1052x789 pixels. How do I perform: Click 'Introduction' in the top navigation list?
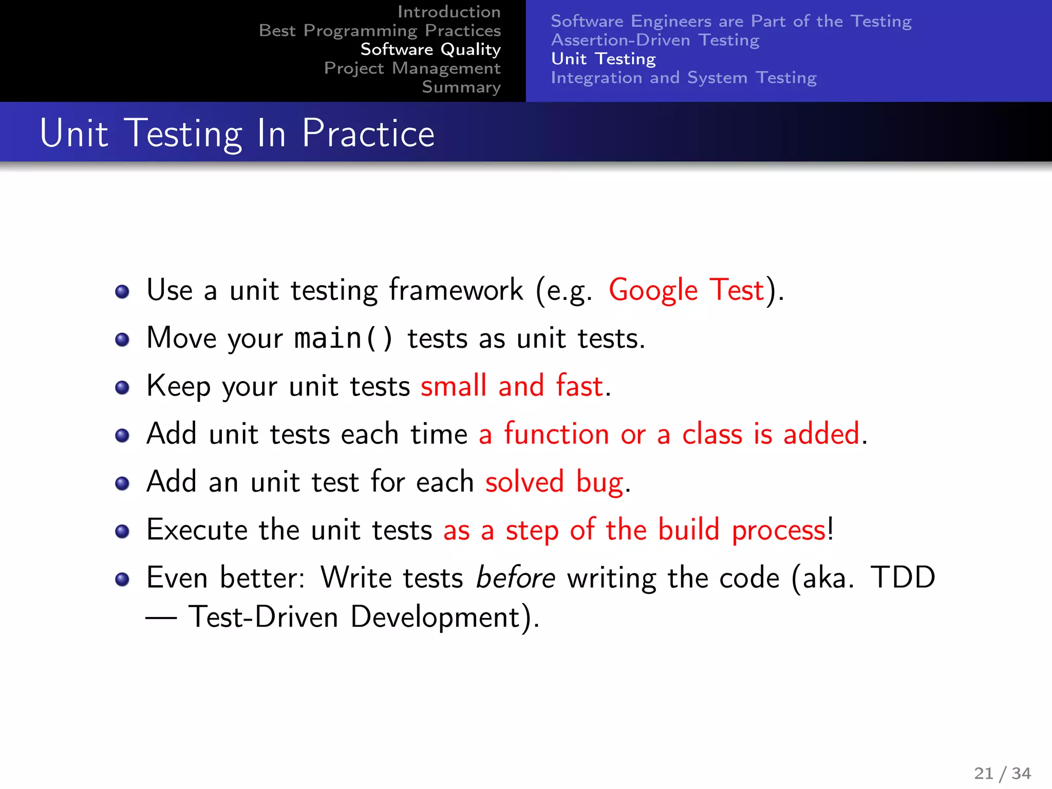coord(448,12)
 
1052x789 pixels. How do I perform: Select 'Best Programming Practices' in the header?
coord(380,31)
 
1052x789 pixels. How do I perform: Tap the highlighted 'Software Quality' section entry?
coord(430,49)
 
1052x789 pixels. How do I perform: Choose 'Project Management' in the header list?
coord(412,68)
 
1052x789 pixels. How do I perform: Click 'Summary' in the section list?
coord(461,87)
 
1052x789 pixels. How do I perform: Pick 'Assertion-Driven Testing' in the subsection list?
coord(655,40)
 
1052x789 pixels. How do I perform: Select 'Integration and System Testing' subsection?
coord(683,78)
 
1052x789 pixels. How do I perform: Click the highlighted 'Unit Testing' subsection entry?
coord(603,59)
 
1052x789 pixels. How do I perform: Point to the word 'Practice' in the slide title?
coord(368,134)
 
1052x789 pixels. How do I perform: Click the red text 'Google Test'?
coord(686,290)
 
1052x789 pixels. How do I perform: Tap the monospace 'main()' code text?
coord(343,339)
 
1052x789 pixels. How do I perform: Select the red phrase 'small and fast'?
coord(512,386)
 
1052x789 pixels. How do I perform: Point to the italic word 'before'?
coord(515,578)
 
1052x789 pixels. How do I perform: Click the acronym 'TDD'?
coord(903,578)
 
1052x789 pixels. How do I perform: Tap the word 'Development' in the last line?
coord(436,617)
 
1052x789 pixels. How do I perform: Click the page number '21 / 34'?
coord(1002,773)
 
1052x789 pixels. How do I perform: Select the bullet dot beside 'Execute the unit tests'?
coord(122,531)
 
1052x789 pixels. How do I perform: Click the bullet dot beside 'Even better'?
coord(122,579)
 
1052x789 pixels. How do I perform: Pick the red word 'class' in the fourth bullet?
coord(712,434)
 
